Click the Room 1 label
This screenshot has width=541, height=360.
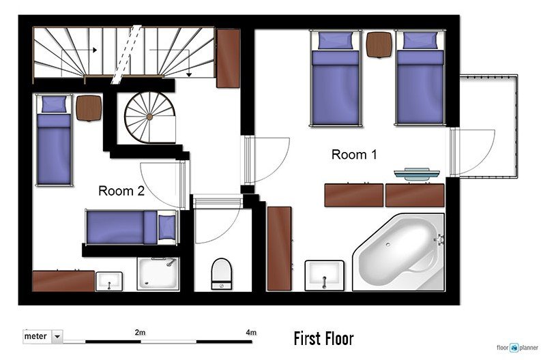pyautogui.click(x=354, y=155)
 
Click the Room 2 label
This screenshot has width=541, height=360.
pyautogui.click(x=121, y=191)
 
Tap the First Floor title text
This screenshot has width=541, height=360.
pyautogui.click(x=323, y=338)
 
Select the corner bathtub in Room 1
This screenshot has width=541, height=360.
pyautogui.click(x=399, y=252)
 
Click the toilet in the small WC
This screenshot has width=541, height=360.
pyautogui.click(x=221, y=274)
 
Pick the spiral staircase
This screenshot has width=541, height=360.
pyautogui.click(x=149, y=117)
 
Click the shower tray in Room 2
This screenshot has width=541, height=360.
pyautogui.click(x=158, y=273)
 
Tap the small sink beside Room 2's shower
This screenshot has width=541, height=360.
pyautogui.click(x=109, y=282)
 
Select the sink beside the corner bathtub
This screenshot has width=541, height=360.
pyautogui.click(x=324, y=275)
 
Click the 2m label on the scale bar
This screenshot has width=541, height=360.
pyautogui.click(x=140, y=333)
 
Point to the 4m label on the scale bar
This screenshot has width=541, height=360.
pyautogui.click(x=251, y=333)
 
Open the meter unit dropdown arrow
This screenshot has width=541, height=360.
pyautogui.click(x=57, y=336)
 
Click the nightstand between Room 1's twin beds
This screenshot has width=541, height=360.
pyautogui.click(x=379, y=44)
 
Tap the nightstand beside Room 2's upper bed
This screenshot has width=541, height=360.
pyautogui.click(x=89, y=108)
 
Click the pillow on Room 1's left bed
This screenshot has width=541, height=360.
pyautogui.click(x=336, y=41)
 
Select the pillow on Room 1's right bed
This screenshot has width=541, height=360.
pyautogui.click(x=420, y=41)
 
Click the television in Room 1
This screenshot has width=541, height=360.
pyautogui.click(x=417, y=174)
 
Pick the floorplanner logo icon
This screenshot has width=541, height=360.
pyautogui.click(x=514, y=348)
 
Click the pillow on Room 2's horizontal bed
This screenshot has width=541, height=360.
pyautogui.click(x=166, y=227)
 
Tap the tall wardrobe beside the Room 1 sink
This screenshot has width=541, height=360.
pyautogui.click(x=279, y=249)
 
